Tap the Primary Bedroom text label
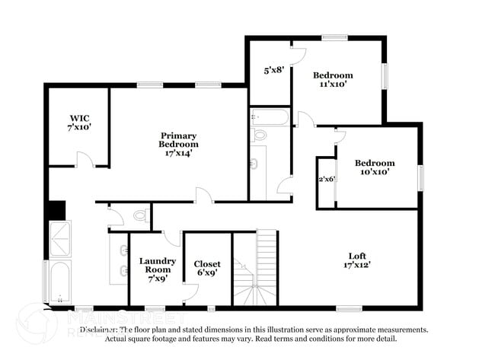(x=178, y=139)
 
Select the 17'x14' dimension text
(x=178, y=152)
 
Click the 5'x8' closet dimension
(x=274, y=70)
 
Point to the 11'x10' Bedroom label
(x=333, y=80)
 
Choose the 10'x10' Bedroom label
(x=375, y=167)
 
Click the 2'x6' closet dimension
(x=327, y=179)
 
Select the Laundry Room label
(x=158, y=266)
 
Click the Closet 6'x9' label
(x=207, y=269)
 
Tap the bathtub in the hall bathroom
(x=270, y=117)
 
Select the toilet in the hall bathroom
(x=260, y=135)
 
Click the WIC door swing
(x=85, y=160)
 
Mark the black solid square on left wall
(x=56, y=210)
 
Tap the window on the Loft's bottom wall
(x=349, y=308)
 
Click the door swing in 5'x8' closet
(x=298, y=55)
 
